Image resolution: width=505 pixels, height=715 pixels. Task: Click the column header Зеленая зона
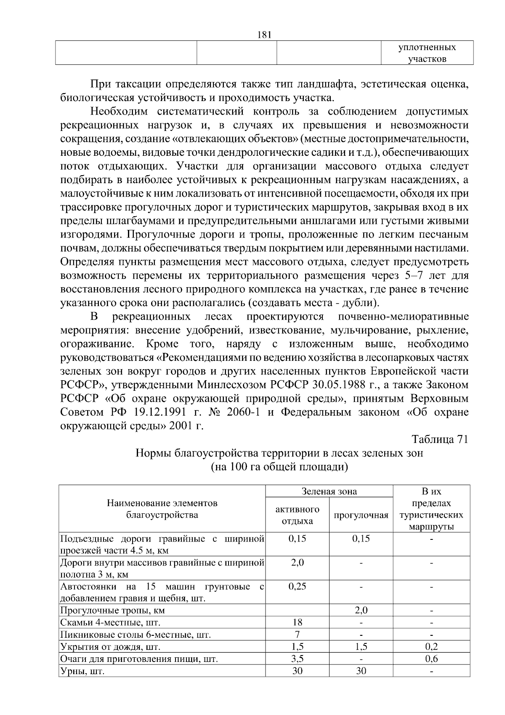(x=329, y=491)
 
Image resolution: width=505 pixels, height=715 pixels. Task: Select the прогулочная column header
(x=361, y=515)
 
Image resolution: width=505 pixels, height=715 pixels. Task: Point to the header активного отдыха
(x=297, y=515)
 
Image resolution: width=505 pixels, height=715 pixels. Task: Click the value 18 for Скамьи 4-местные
(x=297, y=622)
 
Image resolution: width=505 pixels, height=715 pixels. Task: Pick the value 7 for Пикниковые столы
(x=297, y=634)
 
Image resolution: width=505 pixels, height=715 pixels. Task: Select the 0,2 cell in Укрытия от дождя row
(x=431, y=647)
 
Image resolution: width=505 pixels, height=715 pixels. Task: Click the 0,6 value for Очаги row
(x=431, y=659)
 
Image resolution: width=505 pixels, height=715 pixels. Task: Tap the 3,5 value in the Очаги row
(x=297, y=659)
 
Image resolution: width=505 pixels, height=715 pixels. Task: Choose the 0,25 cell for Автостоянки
(x=297, y=586)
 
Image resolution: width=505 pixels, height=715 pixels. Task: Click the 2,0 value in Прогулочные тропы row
(x=361, y=610)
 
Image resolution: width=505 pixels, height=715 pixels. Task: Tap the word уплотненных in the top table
(x=427, y=47)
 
